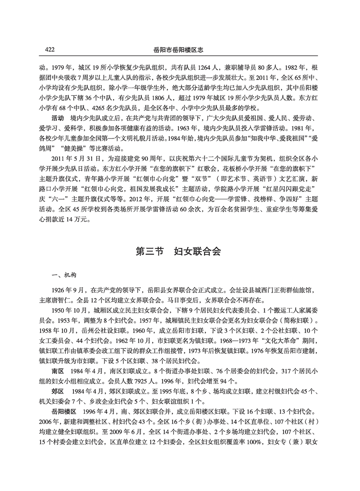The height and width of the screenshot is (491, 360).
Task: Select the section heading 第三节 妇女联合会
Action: pos(179,252)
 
